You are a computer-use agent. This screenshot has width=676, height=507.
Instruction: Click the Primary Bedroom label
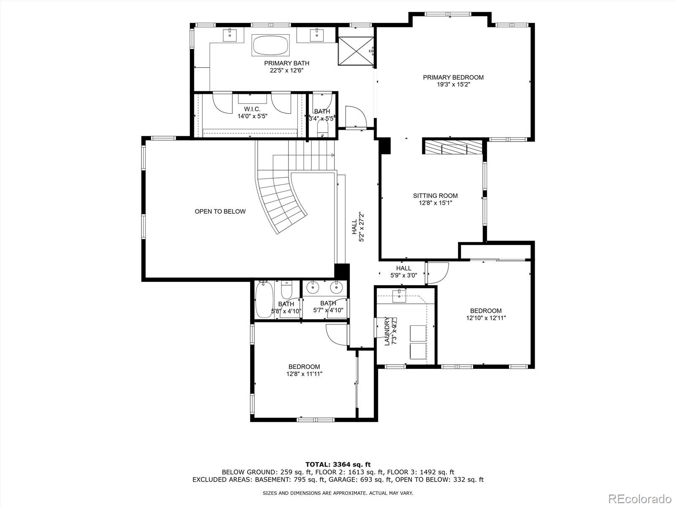pyautogui.click(x=453, y=81)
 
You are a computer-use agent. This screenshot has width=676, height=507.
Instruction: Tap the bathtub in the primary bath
pyautogui.click(x=271, y=46)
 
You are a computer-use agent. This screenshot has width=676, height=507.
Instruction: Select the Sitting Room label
pyautogui.click(x=435, y=199)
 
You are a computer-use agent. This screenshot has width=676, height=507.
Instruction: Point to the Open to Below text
pyautogui.click(x=220, y=212)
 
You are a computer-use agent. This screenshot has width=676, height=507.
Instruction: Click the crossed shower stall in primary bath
pyautogui.click(x=356, y=51)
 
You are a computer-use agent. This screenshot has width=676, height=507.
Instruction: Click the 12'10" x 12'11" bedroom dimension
pyautogui.click(x=486, y=318)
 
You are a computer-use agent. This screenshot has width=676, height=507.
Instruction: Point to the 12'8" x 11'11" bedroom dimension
pyautogui.click(x=304, y=374)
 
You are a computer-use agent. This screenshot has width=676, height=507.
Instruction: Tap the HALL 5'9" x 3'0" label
pyautogui.click(x=403, y=272)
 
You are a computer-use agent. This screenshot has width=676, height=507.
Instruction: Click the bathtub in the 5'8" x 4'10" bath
pyautogui.click(x=264, y=300)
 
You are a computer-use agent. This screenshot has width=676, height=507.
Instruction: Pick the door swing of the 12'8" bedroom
pyautogui.click(x=337, y=335)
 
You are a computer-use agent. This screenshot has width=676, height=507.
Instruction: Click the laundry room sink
pyautogui.click(x=399, y=296)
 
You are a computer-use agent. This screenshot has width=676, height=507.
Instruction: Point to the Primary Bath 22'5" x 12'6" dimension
pyautogui.click(x=286, y=71)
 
